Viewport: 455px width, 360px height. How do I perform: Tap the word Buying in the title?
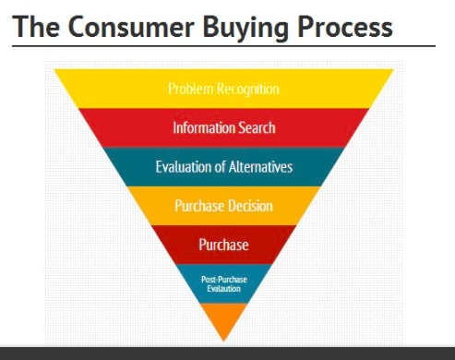tap(245, 29)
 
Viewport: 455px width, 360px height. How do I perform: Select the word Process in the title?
tap(344, 27)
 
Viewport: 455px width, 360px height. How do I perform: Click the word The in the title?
tap(36, 27)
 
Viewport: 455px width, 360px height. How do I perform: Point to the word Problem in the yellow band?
tap(190, 89)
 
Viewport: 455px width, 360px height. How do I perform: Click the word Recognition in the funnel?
tap(248, 90)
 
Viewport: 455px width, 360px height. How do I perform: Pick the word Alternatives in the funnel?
tap(260, 167)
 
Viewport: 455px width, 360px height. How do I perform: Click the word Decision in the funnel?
tap(251, 206)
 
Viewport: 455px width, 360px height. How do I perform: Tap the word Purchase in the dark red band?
tap(223, 245)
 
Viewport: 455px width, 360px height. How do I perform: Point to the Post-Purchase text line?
tap(224, 280)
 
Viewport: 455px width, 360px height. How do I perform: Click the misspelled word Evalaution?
tap(223, 289)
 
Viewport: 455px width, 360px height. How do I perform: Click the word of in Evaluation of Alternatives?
tap(220, 167)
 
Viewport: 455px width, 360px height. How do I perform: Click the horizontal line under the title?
tap(223, 46)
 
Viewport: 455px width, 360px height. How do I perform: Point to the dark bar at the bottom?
tap(227, 354)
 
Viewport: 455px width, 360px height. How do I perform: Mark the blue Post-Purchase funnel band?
tap(223, 283)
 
